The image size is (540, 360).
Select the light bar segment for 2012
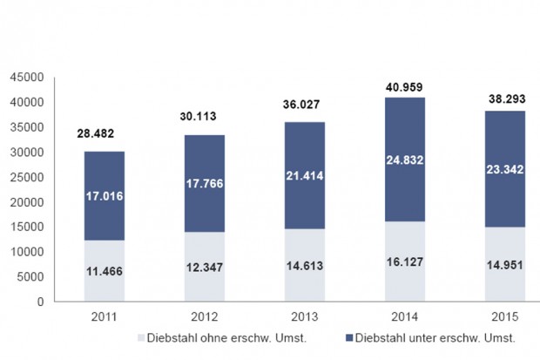(204, 266)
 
